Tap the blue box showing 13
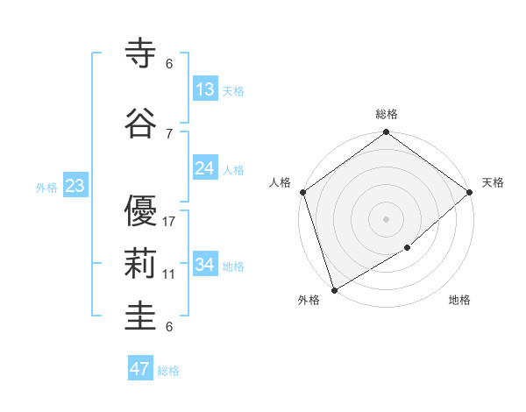point(205,89)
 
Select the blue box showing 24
point(205,168)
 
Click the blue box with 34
point(205,265)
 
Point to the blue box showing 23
point(75,186)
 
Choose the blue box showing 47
point(140,369)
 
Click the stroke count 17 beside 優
point(169,222)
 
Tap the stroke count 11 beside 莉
point(169,274)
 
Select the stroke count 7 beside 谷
point(169,134)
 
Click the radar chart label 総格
point(387,114)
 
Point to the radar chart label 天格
point(493,182)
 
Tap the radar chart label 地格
point(459,301)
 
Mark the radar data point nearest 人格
point(302,192)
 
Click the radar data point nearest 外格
point(334,289)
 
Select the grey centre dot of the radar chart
point(386,218)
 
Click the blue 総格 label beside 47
point(168,371)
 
